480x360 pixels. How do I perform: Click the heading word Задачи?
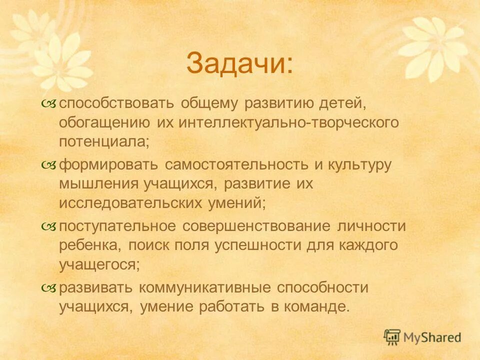pyautogui.click(x=239, y=63)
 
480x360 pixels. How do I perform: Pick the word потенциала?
pyautogui.click(x=103, y=142)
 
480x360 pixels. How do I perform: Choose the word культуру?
pyautogui.click(x=359, y=165)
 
